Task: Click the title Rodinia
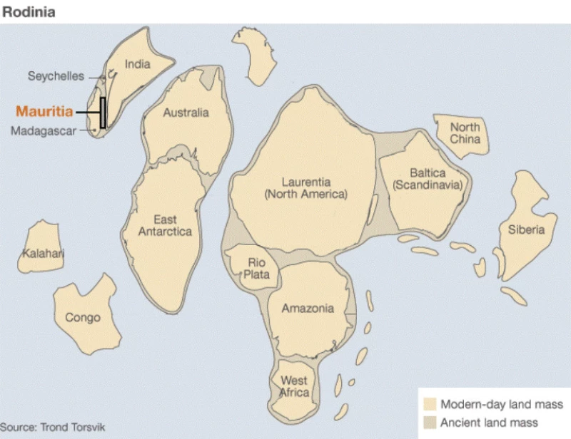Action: [x=29, y=12]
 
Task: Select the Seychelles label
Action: [x=56, y=76]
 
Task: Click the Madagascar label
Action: [x=44, y=130]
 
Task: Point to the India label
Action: [x=138, y=64]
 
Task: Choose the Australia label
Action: [x=186, y=113]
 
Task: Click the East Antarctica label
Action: [x=165, y=225]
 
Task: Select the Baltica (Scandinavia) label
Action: [x=428, y=179]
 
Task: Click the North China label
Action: [x=465, y=133]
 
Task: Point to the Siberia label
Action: [x=526, y=229]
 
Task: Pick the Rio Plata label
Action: [x=256, y=269]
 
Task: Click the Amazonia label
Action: [x=308, y=309]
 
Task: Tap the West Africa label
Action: [x=294, y=387]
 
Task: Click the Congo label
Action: [x=83, y=318]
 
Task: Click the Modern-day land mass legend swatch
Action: [x=430, y=404]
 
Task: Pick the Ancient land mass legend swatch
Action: [x=430, y=423]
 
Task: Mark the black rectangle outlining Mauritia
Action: [x=103, y=113]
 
